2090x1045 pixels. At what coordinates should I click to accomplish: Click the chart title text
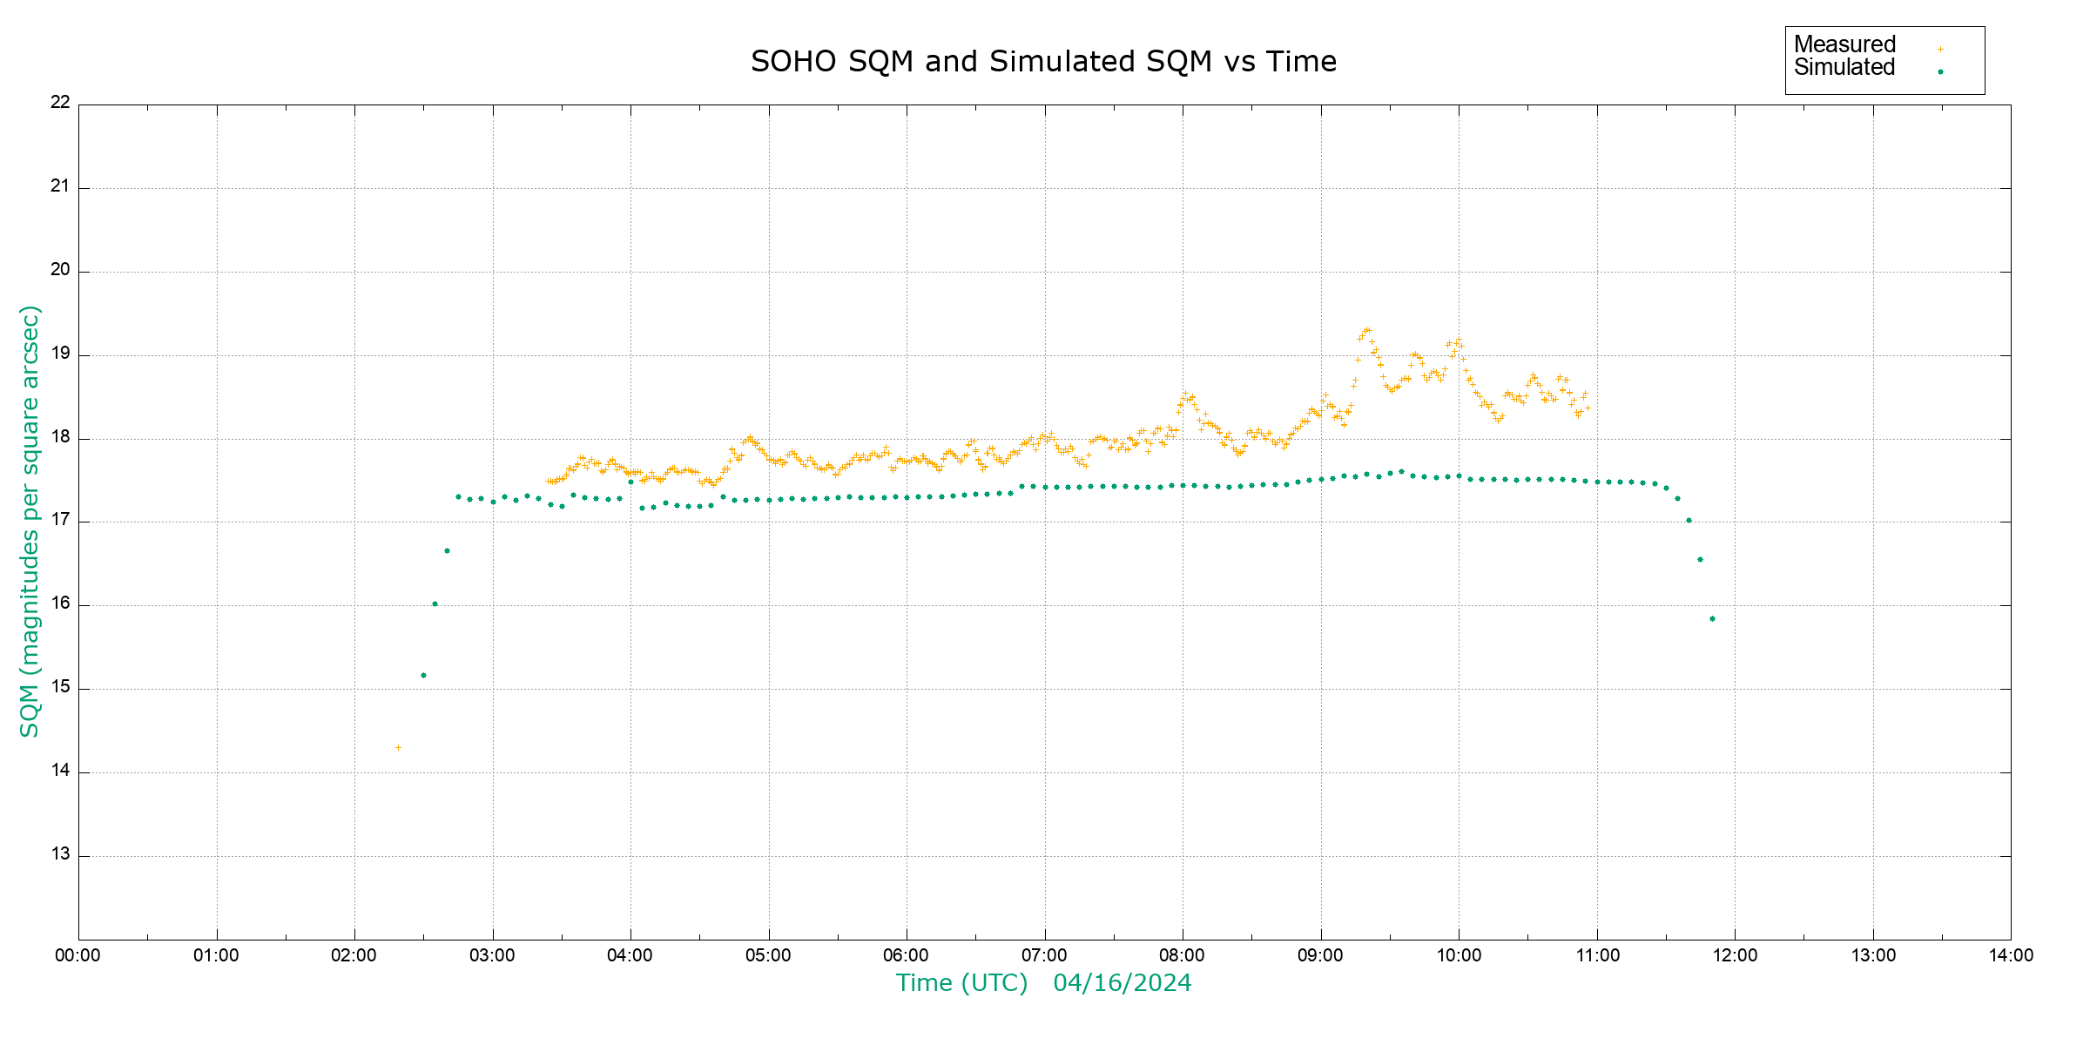1043,62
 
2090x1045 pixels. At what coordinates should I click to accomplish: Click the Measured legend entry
1844,44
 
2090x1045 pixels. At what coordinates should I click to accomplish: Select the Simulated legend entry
1844,68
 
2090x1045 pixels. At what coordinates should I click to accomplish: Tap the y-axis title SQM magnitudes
30,521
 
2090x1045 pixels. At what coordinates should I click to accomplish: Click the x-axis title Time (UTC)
961,983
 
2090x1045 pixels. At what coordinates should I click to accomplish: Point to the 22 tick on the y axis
60,102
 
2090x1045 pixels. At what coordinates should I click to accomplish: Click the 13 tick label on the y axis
60,853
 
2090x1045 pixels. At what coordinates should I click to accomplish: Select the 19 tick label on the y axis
60,354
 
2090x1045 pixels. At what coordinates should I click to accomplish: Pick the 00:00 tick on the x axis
78,955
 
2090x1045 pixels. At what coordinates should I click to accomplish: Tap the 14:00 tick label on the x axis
2011,955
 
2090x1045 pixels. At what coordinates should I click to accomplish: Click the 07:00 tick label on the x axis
1044,955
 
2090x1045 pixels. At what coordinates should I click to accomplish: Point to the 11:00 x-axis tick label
1597,955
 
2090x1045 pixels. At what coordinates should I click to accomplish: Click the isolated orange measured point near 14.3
398,747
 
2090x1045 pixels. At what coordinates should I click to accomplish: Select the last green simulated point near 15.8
1712,618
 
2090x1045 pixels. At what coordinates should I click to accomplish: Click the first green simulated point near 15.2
423,675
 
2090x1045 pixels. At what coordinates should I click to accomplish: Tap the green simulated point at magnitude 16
435,603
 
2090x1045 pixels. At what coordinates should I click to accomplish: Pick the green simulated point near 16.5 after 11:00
1700,559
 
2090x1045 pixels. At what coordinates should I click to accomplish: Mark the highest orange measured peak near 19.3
1367,330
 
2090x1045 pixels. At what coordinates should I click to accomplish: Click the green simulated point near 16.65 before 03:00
447,550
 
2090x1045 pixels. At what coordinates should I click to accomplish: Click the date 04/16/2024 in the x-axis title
1122,983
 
